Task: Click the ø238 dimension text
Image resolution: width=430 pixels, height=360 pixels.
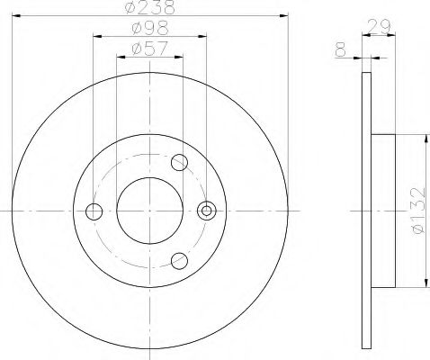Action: (149, 8)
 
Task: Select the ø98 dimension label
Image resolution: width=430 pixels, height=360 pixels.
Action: (149, 29)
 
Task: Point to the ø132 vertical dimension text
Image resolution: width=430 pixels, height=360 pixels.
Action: (417, 211)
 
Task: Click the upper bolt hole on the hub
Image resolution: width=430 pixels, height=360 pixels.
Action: (179, 163)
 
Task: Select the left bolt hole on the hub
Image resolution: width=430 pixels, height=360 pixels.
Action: (94, 211)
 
